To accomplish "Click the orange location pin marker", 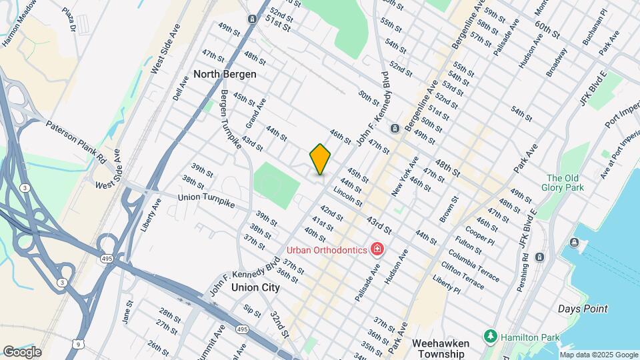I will point(320,159).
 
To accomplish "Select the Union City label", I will point(255,288).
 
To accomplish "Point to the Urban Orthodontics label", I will point(327,250).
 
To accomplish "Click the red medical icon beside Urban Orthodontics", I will point(377,250).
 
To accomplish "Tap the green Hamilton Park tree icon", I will point(491,337).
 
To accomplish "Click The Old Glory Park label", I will point(565,183).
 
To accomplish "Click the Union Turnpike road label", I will point(206,200).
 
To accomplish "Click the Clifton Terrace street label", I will point(461,276).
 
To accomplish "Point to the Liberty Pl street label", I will point(446,287).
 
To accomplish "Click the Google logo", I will point(22,352).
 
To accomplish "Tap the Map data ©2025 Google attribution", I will point(599,355).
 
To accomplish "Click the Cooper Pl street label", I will point(479,237).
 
